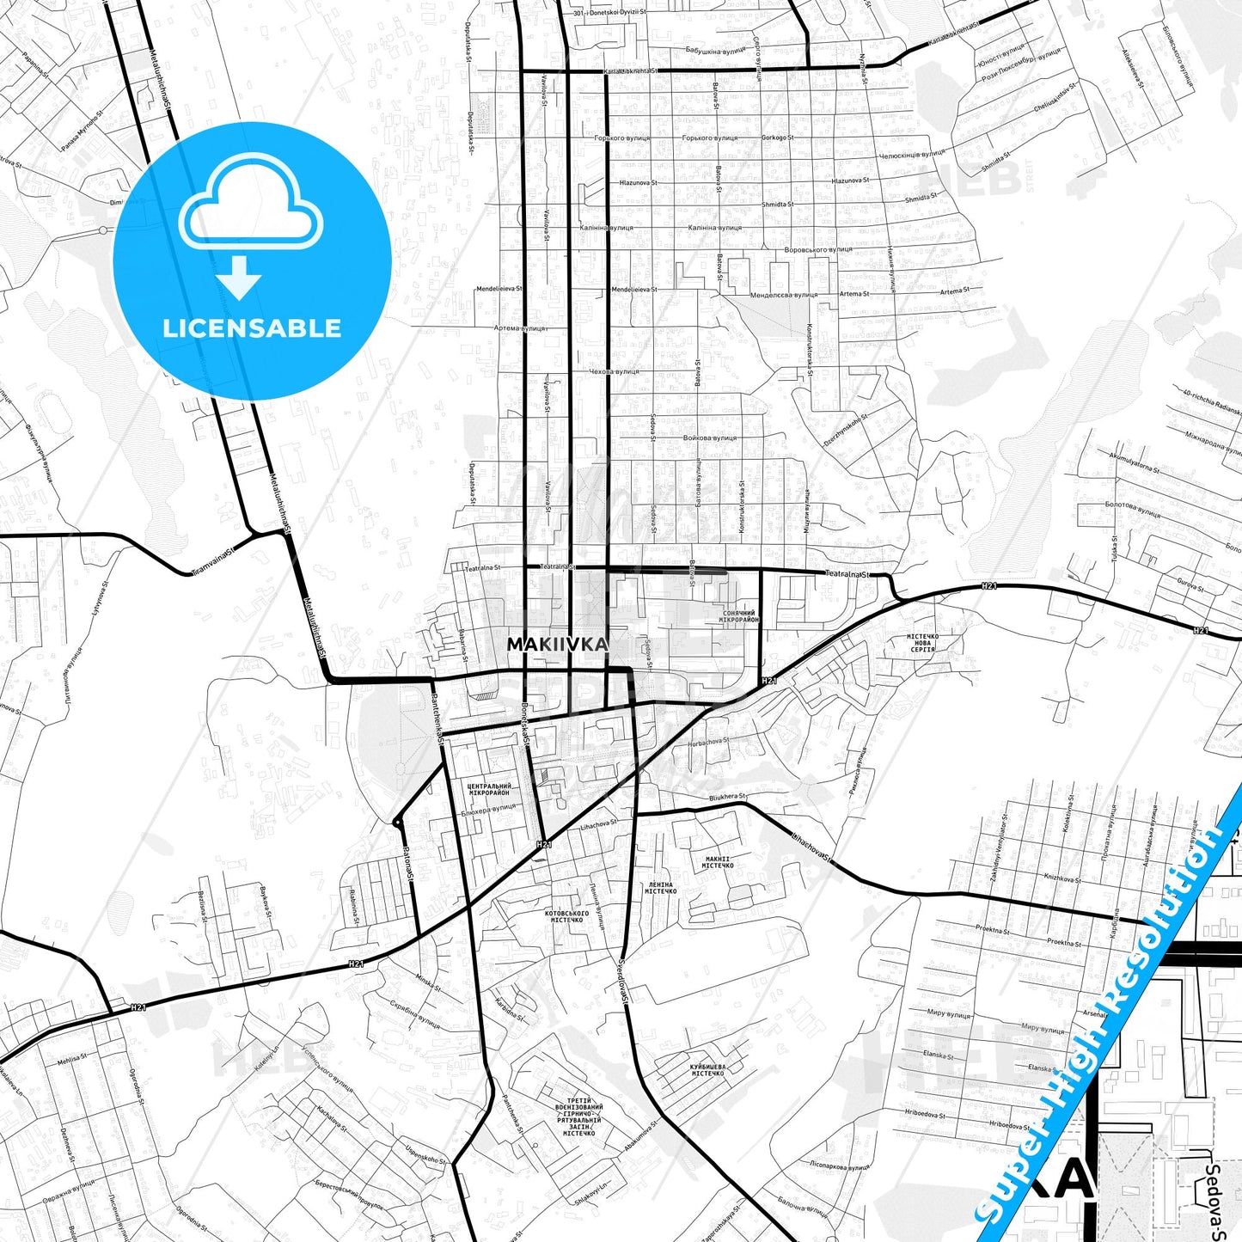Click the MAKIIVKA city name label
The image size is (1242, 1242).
point(557,644)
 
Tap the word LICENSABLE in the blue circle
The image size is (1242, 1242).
point(252,327)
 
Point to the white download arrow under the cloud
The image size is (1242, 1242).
point(239,277)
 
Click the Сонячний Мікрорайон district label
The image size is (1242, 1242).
point(738,616)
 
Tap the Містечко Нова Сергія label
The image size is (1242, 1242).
point(922,643)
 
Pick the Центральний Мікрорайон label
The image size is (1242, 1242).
point(488,789)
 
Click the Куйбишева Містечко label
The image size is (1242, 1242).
point(707,1069)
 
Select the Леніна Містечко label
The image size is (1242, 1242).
point(661,888)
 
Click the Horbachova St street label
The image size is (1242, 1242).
point(707,742)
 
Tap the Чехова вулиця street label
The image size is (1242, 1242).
point(614,371)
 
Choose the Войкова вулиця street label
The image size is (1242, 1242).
point(710,437)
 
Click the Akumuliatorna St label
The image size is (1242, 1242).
point(1133,462)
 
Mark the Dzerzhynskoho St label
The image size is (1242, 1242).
point(847,430)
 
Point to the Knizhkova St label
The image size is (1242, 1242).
point(1062,878)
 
